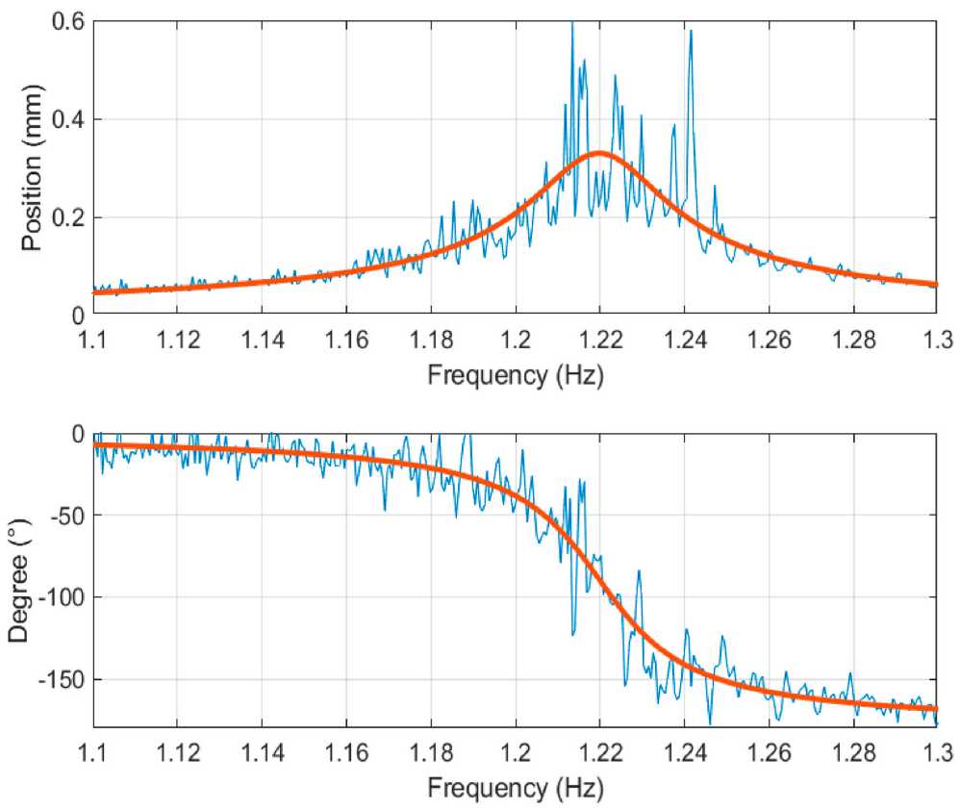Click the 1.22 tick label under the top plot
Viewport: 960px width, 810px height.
point(599,340)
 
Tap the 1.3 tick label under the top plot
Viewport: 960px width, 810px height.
point(936,340)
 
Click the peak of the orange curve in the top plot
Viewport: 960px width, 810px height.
point(599,153)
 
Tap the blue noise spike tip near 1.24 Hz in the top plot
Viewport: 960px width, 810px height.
point(691,32)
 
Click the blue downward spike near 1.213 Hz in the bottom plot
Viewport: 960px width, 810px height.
point(573,635)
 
